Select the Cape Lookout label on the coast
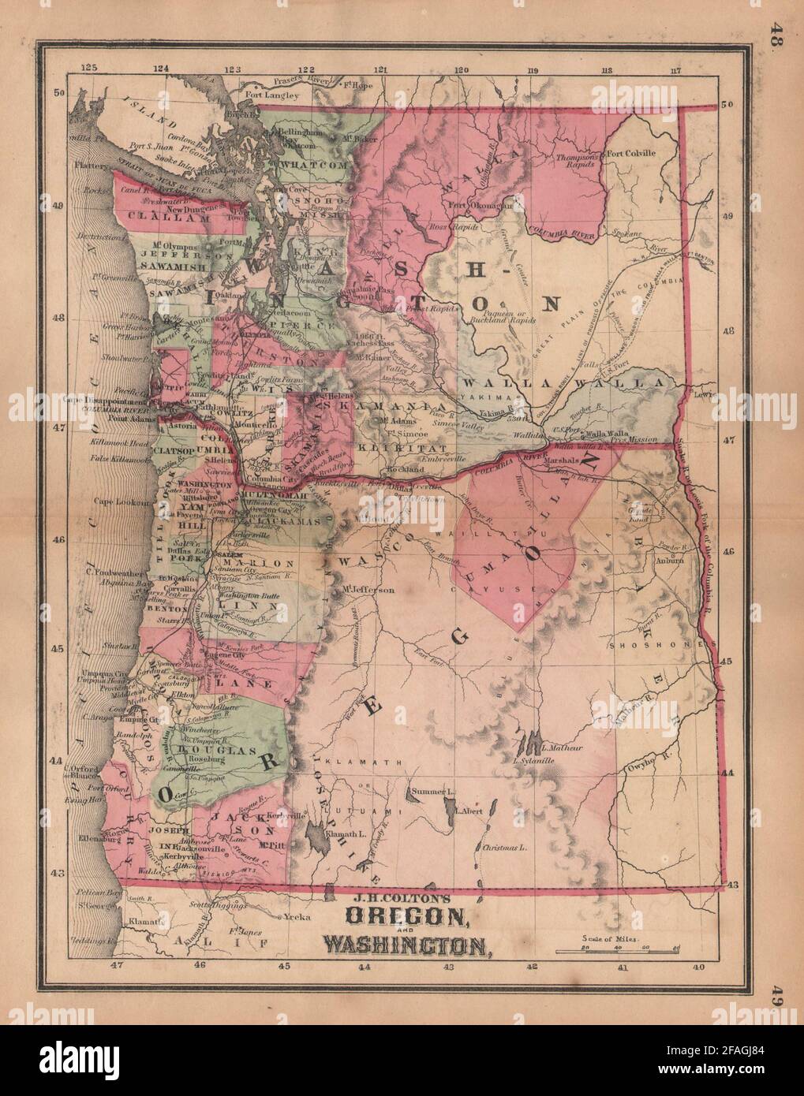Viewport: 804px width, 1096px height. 122,501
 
